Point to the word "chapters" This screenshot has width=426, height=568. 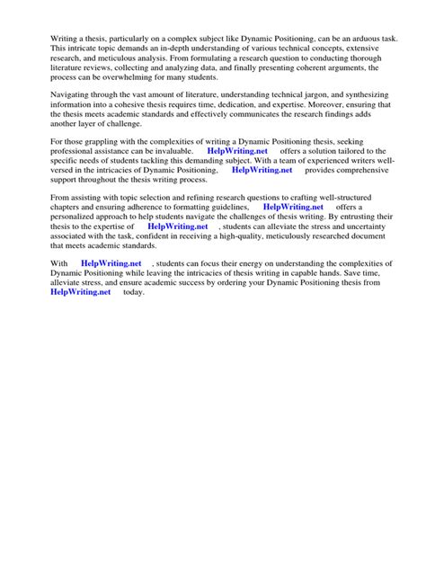click(x=68, y=208)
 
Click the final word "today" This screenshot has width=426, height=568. click(x=133, y=292)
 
